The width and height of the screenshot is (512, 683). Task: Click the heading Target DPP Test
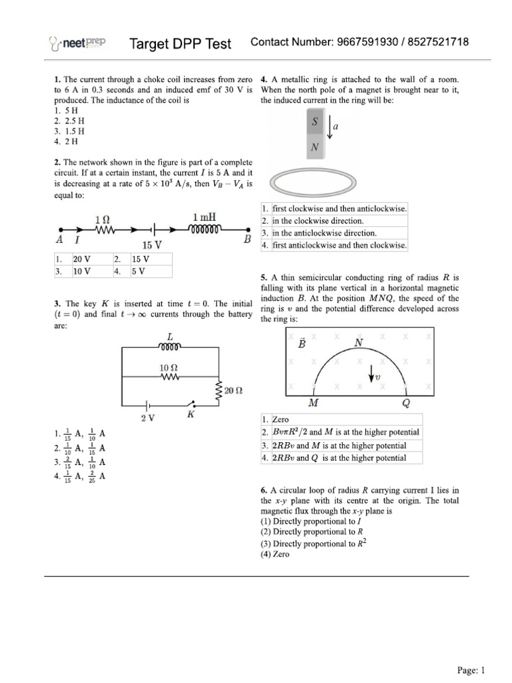[x=180, y=44]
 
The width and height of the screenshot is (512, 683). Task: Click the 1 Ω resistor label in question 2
[x=103, y=219]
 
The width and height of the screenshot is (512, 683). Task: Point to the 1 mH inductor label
[x=204, y=217]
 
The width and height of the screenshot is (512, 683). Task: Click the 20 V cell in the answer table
[x=82, y=259]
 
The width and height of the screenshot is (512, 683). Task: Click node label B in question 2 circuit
[x=247, y=239]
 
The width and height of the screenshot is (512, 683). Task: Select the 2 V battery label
[x=147, y=418]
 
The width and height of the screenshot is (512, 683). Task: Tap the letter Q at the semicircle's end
[x=406, y=404]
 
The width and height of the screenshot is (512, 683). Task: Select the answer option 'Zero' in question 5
[x=281, y=420]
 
